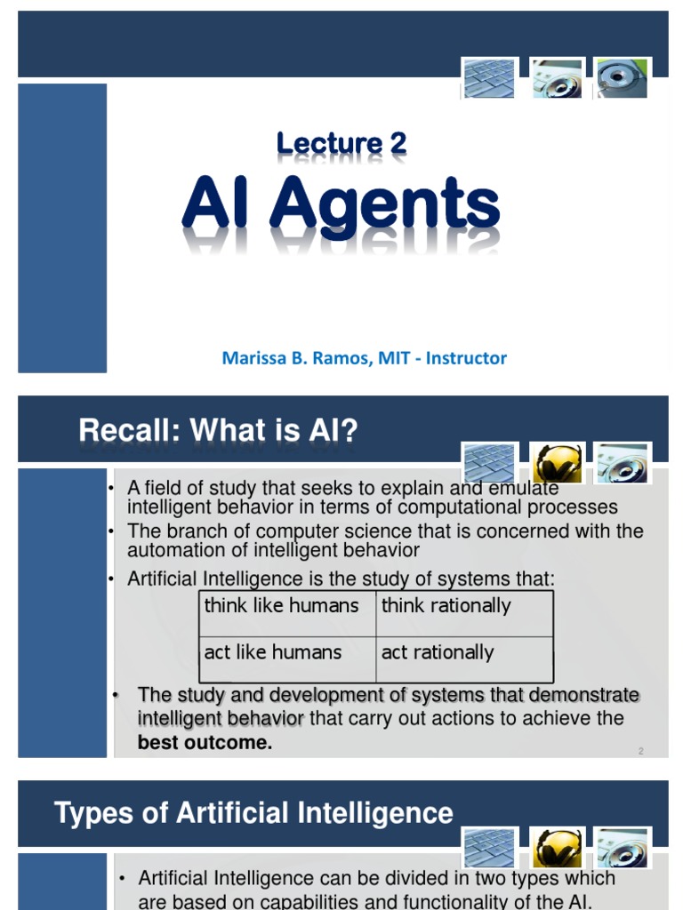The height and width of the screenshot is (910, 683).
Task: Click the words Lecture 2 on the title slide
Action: coord(341,143)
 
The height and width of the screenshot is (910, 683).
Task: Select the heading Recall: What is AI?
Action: coord(218,431)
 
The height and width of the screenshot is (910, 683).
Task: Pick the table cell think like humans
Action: coord(282,606)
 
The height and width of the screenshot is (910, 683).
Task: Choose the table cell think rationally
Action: coord(446,606)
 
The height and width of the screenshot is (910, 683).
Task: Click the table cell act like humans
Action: coord(273,652)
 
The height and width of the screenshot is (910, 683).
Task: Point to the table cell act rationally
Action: coord(438,652)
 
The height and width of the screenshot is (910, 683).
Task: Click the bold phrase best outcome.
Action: coord(205,743)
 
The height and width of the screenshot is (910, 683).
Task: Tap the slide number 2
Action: coord(640,751)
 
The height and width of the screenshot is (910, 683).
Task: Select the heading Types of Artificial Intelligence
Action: coord(253,812)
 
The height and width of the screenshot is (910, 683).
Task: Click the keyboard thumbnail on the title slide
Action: coord(488,78)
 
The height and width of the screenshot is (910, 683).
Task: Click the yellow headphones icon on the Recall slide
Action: coord(557,463)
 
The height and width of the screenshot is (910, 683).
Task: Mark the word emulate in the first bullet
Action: coord(526,488)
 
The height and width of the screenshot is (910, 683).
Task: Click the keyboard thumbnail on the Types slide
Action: coord(488,847)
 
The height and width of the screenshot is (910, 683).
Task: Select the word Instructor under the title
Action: coord(466,358)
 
